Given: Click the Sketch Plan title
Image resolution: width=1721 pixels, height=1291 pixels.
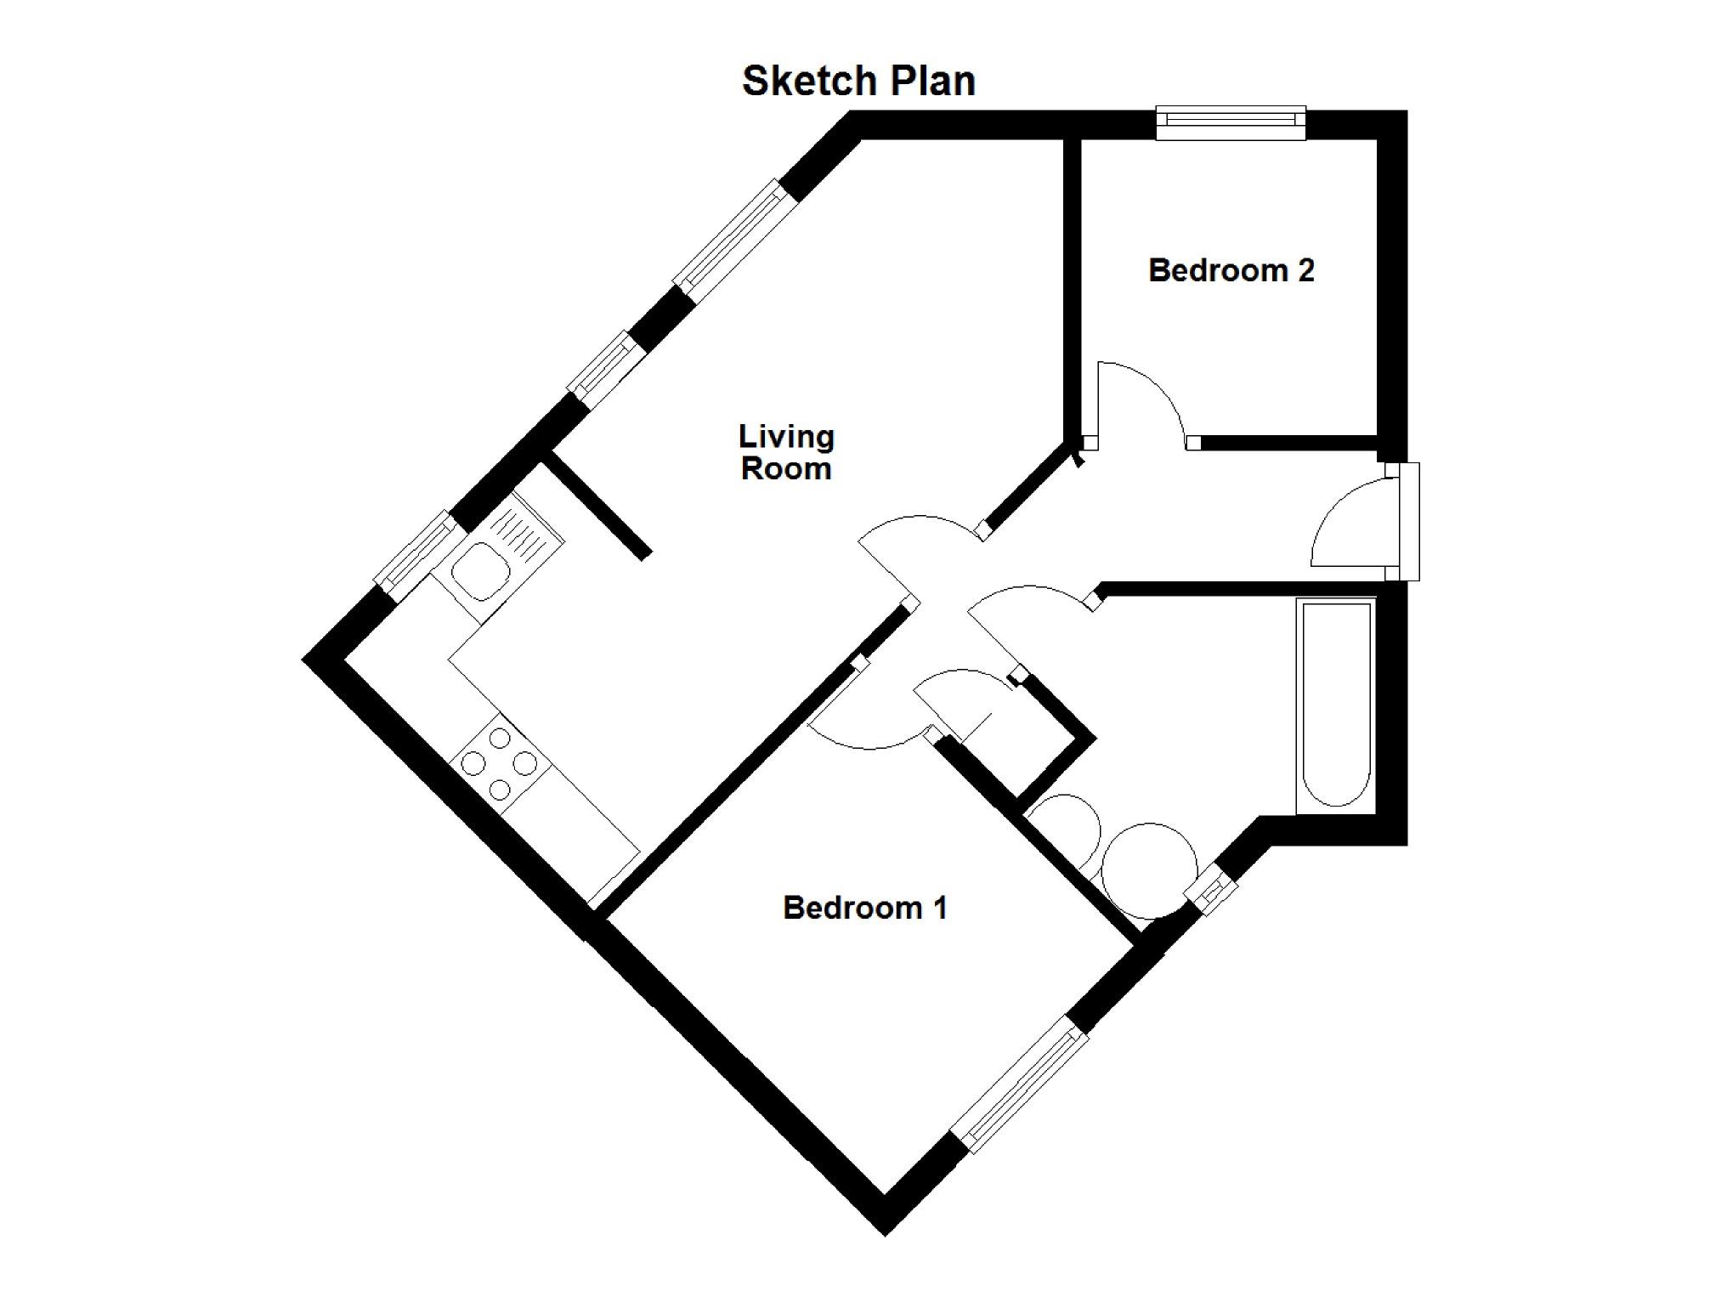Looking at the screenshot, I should click(x=858, y=82).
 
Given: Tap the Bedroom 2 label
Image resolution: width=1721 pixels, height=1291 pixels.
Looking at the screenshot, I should click(x=1231, y=270).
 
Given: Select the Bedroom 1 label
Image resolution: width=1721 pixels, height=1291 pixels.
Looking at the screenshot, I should click(x=864, y=908).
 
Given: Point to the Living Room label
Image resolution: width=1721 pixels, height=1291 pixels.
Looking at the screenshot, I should click(x=786, y=452).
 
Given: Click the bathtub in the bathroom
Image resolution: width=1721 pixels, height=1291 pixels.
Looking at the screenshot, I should click(x=1335, y=704).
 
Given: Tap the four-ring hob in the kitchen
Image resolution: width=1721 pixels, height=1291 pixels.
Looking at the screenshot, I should click(x=499, y=763).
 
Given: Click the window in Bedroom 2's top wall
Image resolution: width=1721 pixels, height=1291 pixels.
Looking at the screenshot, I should click(x=1231, y=123).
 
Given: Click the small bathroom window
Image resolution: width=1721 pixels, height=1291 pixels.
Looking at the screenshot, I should click(x=1211, y=891).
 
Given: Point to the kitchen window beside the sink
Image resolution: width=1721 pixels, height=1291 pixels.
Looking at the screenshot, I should click(x=416, y=552).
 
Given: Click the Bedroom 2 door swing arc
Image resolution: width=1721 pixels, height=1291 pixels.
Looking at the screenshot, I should click(x=1143, y=399).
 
